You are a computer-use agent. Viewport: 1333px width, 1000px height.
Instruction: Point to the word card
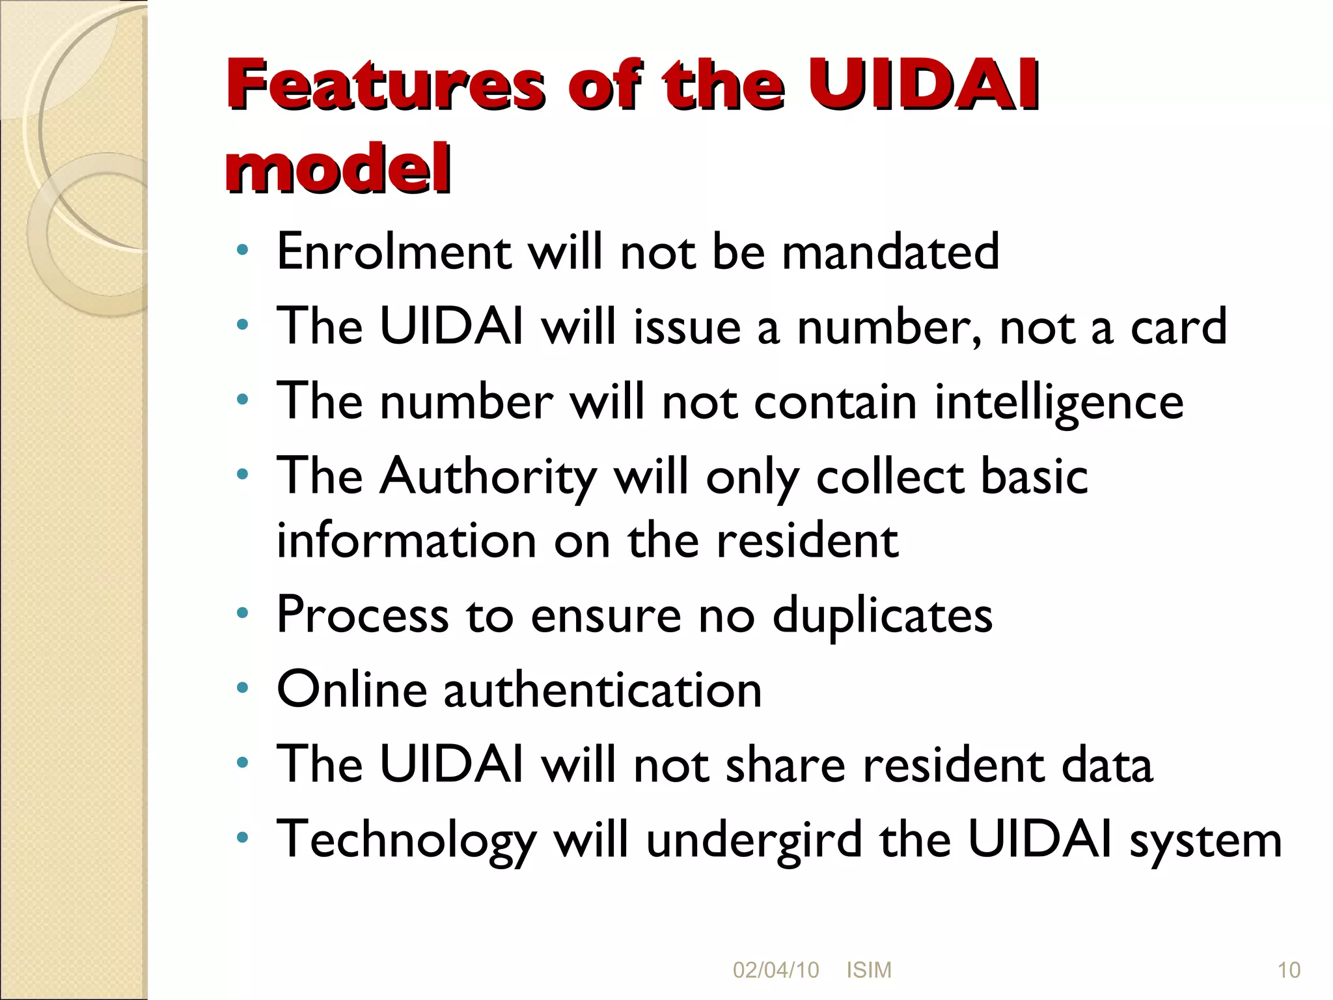[1178, 326]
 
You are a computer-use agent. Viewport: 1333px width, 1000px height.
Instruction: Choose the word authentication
[603, 690]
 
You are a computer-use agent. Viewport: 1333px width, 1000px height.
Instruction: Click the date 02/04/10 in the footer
[775, 970]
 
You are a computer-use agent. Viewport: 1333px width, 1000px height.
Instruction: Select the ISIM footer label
[868, 970]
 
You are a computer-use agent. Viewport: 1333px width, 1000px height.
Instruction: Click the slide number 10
[1289, 970]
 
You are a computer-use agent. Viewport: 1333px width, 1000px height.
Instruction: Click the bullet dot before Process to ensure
[243, 613]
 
